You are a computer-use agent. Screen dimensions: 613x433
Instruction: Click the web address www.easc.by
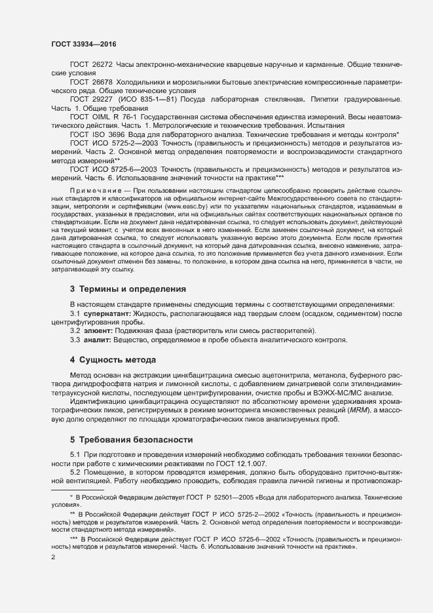click(185, 215)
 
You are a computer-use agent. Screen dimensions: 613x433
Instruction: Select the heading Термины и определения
click(133, 288)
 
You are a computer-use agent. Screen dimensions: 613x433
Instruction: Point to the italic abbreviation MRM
click(358, 410)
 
